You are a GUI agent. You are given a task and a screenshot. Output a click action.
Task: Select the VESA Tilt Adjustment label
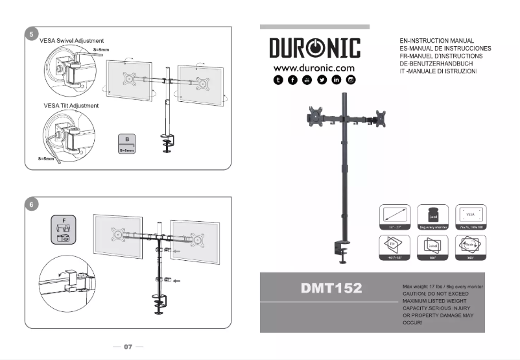[x=71, y=105]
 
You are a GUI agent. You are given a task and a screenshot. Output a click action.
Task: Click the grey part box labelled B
[x=127, y=143]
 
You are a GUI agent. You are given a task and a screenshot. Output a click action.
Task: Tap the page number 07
[x=128, y=347]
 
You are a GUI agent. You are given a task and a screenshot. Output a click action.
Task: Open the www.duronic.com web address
[x=314, y=67]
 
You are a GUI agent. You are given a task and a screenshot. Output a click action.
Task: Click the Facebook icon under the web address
[x=292, y=80]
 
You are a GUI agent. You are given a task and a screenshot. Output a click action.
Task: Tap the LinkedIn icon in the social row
[x=336, y=80]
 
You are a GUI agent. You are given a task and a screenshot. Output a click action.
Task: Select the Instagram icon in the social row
[x=351, y=80]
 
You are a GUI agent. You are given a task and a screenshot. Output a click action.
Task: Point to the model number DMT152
[x=331, y=287]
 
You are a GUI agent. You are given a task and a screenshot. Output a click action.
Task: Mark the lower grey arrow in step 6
[x=178, y=280]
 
